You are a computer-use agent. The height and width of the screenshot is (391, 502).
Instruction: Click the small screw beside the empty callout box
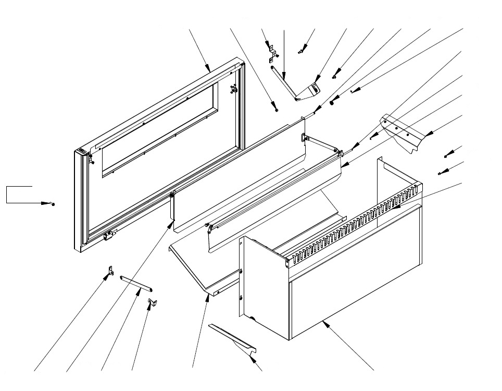53,203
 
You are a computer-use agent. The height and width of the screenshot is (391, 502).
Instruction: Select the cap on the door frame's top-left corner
81,152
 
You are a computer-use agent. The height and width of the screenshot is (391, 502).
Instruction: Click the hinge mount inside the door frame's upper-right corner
233,90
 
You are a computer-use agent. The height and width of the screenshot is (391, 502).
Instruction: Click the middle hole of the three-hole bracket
397,127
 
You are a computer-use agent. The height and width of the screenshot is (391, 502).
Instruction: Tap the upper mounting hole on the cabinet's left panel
242,271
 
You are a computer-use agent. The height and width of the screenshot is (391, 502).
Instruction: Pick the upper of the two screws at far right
446,156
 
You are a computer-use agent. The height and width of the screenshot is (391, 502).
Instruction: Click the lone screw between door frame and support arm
276,110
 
